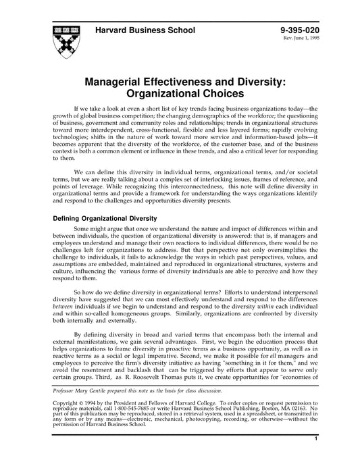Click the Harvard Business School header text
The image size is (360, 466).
tap(145, 30)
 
